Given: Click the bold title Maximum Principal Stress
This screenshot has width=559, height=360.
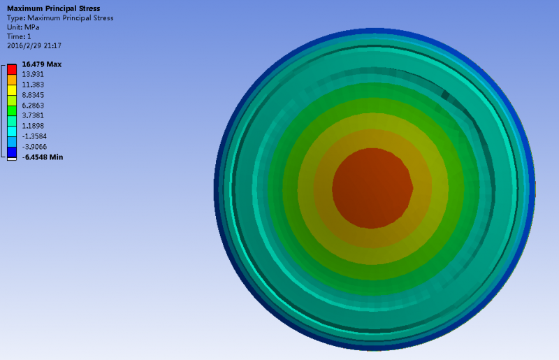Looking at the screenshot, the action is [54, 8].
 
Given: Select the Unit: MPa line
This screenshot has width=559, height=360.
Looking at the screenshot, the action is [23, 27].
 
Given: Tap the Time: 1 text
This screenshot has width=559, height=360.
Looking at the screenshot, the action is [19, 36].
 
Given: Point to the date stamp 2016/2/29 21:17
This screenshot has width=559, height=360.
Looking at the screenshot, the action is [34, 45].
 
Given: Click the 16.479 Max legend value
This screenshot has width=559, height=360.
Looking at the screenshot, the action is [42, 64].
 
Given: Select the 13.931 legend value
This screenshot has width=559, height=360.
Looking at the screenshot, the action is [33, 74].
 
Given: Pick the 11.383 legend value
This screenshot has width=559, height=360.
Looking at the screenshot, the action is [33, 85].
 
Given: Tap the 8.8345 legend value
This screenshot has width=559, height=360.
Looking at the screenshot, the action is [33, 95].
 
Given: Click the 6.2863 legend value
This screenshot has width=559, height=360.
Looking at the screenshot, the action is [33, 106].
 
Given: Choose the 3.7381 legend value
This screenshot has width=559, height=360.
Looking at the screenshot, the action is [33, 115].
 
